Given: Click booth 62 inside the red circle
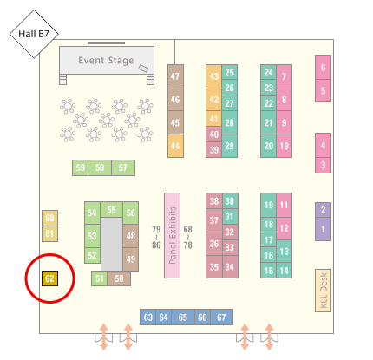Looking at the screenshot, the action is point(49,278).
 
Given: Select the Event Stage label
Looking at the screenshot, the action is point(106,61).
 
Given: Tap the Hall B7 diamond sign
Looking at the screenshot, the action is point(34,34).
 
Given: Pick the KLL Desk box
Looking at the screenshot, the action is point(323,291).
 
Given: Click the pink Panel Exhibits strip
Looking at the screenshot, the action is point(172,235).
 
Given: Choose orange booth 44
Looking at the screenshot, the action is point(175,146).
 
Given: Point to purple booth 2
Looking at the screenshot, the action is point(323,210).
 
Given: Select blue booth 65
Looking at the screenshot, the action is point(183,317).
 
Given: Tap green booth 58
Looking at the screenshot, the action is point(100,167).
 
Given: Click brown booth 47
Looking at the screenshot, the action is point(175,76).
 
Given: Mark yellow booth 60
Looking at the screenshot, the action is point(49,218).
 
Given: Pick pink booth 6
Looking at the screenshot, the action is point(323,68).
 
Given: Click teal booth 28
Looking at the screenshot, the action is point(230,122).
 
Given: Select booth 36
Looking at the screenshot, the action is point(214,244).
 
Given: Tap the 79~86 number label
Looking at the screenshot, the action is point(156,237).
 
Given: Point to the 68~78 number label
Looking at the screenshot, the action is point(187,237).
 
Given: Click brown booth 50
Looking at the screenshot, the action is point(119,278).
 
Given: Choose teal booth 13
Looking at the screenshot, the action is point(284,252).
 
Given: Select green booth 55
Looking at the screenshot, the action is point(111,210).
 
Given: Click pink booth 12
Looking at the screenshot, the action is point(284,228).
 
